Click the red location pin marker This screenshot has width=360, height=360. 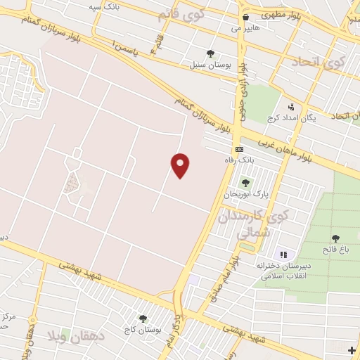(x=181, y=165)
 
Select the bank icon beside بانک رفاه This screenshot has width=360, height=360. (x=240, y=150)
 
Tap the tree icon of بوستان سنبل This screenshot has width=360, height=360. (x=210, y=53)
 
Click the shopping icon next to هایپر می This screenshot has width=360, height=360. (x=245, y=18)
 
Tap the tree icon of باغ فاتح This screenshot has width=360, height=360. (x=335, y=238)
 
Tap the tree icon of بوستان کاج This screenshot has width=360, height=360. (x=143, y=319)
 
